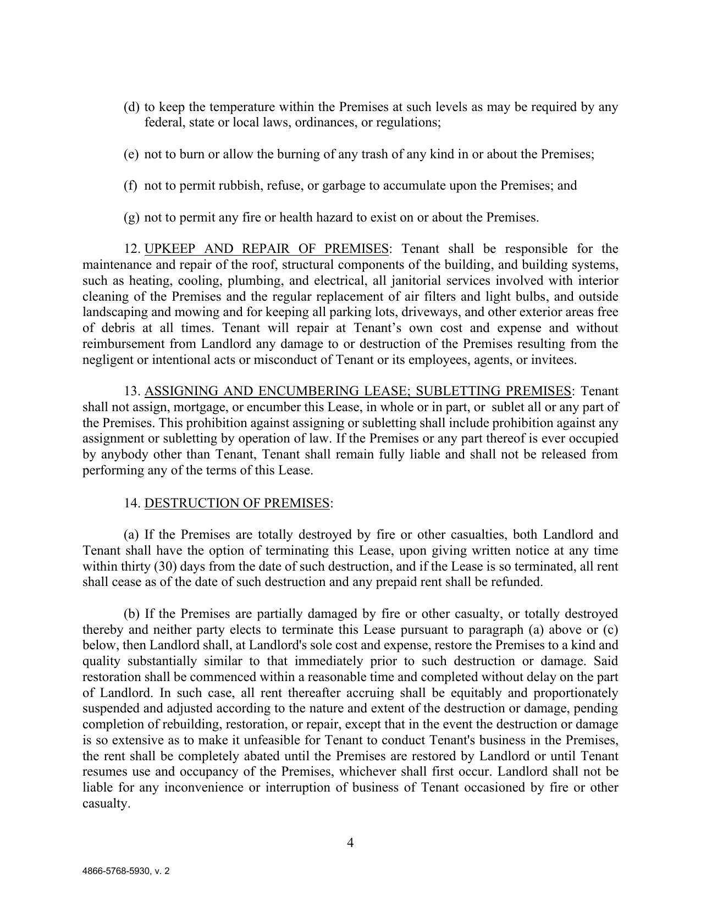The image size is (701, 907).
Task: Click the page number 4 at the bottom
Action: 350,843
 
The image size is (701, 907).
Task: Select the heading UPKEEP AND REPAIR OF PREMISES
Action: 266,249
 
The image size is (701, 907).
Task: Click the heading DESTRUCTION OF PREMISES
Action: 237,503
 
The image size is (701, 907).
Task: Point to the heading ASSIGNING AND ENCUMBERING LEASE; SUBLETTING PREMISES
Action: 357,391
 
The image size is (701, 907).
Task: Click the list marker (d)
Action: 131,107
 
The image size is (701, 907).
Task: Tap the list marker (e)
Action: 131,154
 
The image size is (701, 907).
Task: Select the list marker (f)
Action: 131,186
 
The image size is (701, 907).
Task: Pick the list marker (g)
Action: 131,218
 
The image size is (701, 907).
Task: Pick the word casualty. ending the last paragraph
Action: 106,804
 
